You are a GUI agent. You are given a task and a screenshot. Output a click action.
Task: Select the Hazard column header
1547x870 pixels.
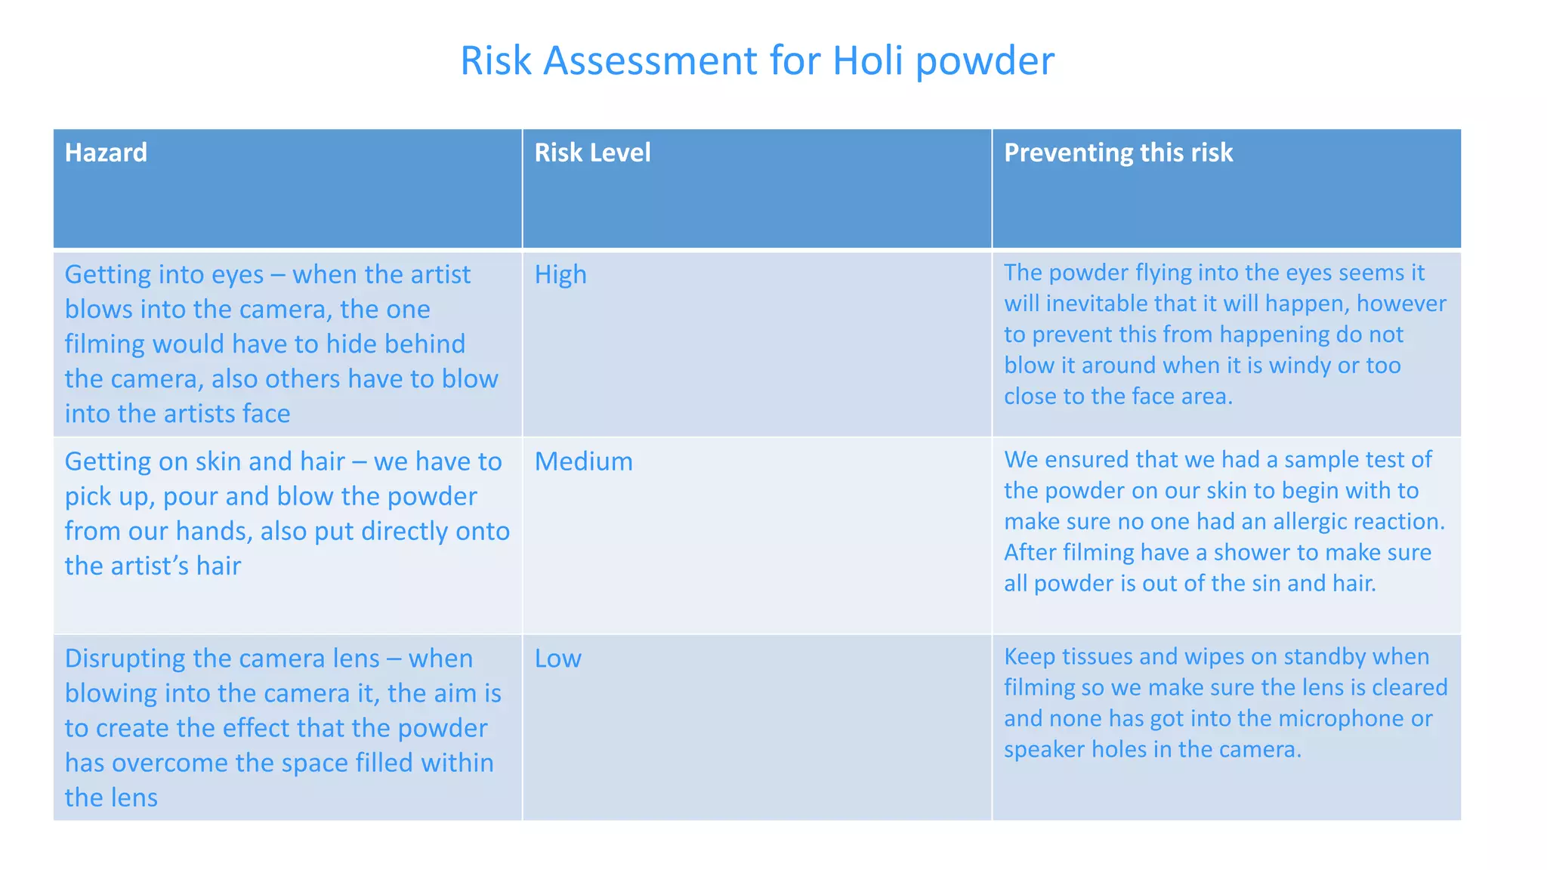tap(106, 153)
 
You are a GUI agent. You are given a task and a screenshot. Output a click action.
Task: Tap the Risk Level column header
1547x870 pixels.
tap(592, 153)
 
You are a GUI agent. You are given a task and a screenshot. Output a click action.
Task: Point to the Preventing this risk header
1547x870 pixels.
tap(1118, 153)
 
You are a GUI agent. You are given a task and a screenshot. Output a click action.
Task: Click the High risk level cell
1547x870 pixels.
tap(560, 274)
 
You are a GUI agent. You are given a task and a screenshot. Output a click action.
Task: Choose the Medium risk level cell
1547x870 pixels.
tap(583, 461)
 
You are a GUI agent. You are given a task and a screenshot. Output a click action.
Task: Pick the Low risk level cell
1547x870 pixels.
tap(557, 659)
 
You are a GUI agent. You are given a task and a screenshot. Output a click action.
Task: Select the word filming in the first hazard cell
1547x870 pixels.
tap(104, 344)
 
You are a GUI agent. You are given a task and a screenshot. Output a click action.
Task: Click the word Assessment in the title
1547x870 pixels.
tap(650, 61)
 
